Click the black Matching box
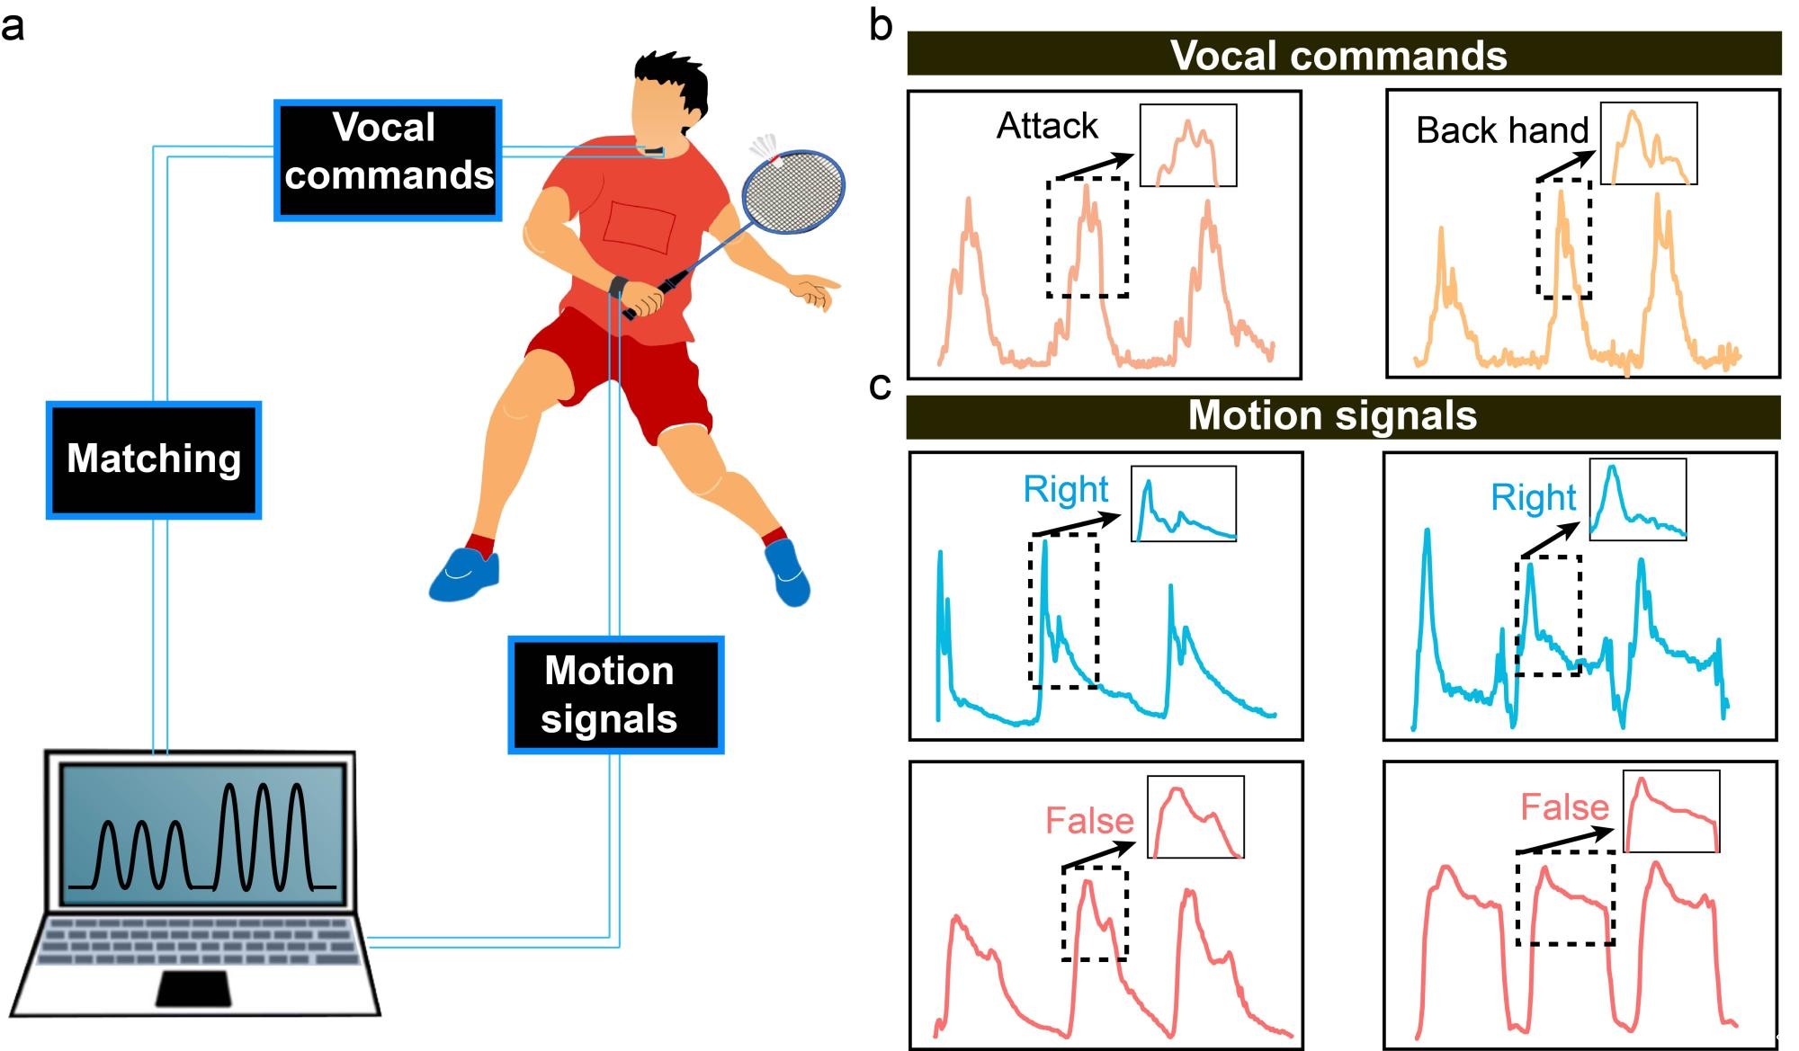(x=154, y=459)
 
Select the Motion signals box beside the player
(x=615, y=694)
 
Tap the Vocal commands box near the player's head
(x=388, y=160)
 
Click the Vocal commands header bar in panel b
(x=1344, y=54)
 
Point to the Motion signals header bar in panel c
(x=1343, y=416)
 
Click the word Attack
(x=1047, y=126)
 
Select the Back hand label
(x=1501, y=130)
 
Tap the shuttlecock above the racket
(x=765, y=147)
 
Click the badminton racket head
(x=793, y=191)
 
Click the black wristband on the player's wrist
(x=618, y=286)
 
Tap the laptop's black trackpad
(x=193, y=988)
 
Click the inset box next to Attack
(x=1188, y=146)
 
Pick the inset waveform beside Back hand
(x=1648, y=144)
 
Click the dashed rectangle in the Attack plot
(x=1087, y=237)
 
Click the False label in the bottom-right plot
(x=1563, y=806)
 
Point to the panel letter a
(x=13, y=27)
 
